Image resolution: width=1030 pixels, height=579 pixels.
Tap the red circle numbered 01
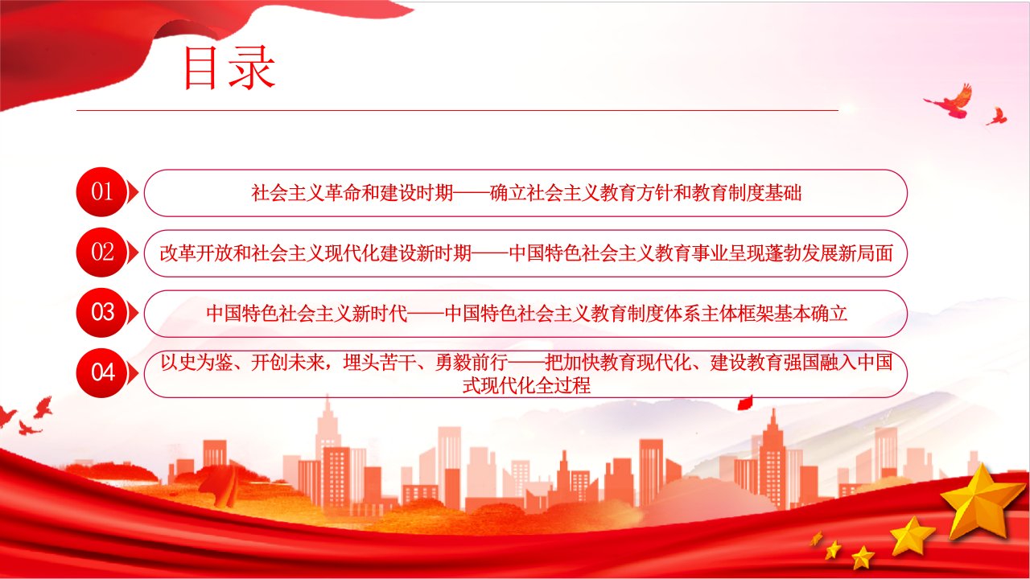point(101,191)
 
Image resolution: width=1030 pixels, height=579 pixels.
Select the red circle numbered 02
point(101,253)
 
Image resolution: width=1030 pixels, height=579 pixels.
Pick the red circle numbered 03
point(101,313)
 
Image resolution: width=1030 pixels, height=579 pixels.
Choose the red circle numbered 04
point(101,372)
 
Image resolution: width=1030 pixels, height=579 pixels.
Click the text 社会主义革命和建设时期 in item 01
point(352,192)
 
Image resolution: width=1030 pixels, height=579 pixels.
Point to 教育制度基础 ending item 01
point(746,192)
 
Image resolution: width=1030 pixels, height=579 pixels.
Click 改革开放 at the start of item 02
point(196,253)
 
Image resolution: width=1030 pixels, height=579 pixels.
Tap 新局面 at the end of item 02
point(865,253)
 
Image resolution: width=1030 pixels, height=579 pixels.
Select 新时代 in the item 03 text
point(380,314)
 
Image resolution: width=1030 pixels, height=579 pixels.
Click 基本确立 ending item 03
point(810,314)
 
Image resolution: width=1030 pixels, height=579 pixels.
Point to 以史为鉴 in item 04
point(196,363)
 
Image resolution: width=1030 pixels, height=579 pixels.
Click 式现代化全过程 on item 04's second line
point(526,385)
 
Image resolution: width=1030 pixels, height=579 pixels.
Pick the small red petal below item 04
point(745,403)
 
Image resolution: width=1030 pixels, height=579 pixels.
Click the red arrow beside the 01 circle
point(133,191)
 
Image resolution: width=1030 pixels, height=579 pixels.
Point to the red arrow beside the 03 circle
point(133,313)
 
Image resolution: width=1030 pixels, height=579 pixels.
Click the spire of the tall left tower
point(328,405)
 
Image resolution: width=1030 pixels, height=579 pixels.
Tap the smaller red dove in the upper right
point(997,117)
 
